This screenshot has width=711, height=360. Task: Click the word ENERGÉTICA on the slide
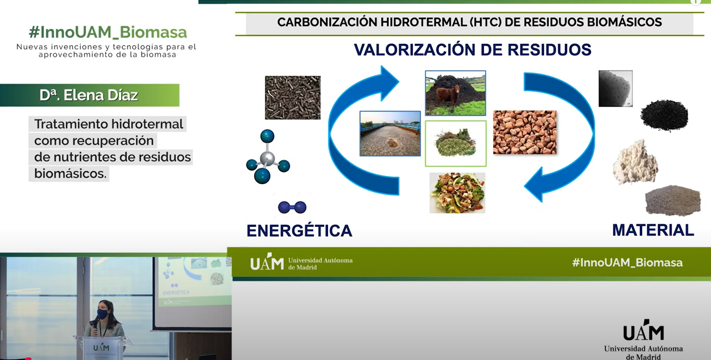click(299, 231)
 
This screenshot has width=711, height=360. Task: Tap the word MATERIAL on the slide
click(653, 230)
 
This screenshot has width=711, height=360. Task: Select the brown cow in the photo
click(448, 96)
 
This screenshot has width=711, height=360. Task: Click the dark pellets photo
click(293, 97)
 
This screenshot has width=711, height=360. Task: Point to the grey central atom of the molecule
click(267, 158)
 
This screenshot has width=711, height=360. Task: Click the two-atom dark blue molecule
click(292, 207)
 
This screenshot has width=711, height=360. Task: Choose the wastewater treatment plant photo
click(390, 134)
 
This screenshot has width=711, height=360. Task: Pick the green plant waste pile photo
click(456, 143)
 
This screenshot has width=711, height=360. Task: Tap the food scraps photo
click(457, 193)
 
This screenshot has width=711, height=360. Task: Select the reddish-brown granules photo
click(525, 132)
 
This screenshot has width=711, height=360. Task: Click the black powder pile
click(664, 115)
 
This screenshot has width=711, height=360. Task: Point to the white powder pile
click(635, 162)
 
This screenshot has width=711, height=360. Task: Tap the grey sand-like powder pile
click(673, 200)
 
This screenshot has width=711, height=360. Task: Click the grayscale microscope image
click(615, 89)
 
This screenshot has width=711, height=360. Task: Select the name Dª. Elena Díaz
click(89, 95)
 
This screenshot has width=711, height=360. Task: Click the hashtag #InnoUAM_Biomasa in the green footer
click(627, 263)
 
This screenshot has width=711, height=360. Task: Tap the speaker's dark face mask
click(103, 314)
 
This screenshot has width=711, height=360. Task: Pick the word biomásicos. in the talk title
click(70, 174)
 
